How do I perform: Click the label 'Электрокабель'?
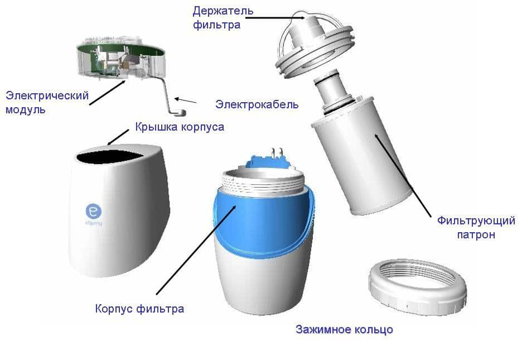pyautogui.click(x=257, y=104)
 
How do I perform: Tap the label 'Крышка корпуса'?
pyautogui.click(x=180, y=127)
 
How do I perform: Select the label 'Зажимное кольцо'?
pyautogui.click(x=344, y=330)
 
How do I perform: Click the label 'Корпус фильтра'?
pyautogui.click(x=139, y=309)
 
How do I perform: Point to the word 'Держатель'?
pyautogui.click(x=223, y=11)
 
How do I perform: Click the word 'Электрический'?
pyautogui.click(x=47, y=95)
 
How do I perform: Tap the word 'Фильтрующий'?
pyautogui.click(x=476, y=221)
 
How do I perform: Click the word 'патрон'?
pyautogui.click(x=476, y=234)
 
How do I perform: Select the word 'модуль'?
pyautogui.click(x=25, y=109)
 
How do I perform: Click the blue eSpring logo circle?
pyautogui.click(x=94, y=211)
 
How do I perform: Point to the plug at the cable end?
pyautogui.click(x=180, y=112)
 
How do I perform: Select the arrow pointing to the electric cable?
pyautogui.click(x=185, y=100)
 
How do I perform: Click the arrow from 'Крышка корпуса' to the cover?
pyautogui.click(x=118, y=137)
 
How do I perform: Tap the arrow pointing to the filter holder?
pyautogui.click(x=274, y=18)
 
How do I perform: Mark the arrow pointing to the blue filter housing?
pyautogui.click(x=196, y=250)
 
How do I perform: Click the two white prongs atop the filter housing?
pyautogui.click(x=277, y=153)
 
